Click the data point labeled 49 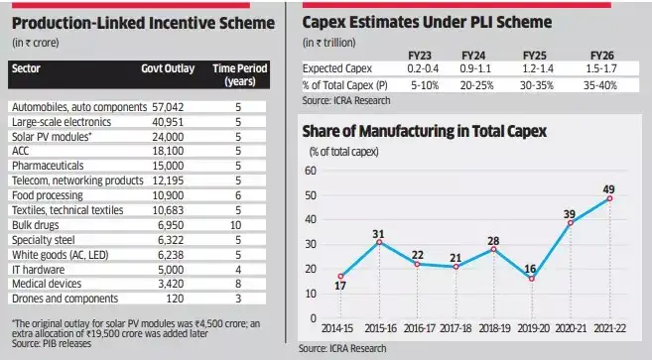(608, 198)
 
